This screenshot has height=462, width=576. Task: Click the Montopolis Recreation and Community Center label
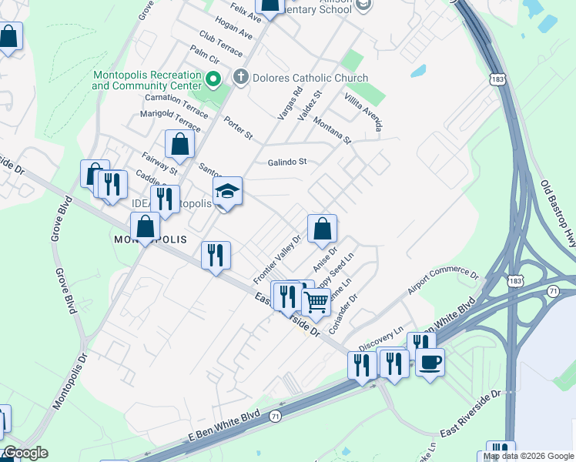coord(146,80)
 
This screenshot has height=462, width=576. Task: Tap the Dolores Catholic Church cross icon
coord(240,78)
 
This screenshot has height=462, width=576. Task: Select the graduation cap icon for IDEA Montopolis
coord(227,191)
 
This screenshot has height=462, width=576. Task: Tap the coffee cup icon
coord(430,361)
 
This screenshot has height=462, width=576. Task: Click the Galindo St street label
coord(287,162)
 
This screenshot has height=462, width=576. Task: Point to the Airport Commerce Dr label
coord(443,283)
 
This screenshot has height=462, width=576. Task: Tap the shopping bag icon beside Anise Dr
coord(322,228)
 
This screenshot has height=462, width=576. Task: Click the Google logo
coord(25,453)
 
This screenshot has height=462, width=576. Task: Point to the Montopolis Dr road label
coord(70,382)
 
